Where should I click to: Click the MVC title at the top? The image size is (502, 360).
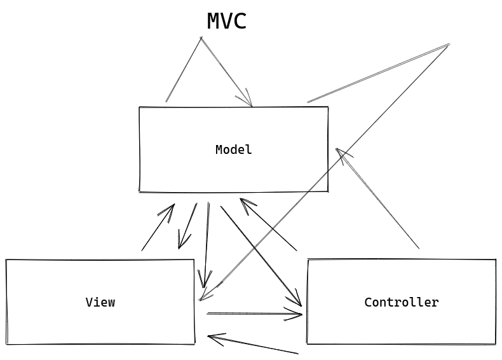(x=226, y=22)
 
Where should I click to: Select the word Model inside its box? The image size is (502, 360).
(x=233, y=150)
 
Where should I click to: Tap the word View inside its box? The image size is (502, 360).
(x=100, y=303)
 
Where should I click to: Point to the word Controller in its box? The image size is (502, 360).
(x=401, y=303)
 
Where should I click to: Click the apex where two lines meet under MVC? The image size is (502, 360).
(x=201, y=38)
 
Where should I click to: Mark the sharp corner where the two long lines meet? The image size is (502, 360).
(x=449, y=45)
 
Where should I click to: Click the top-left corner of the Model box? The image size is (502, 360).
(x=140, y=107)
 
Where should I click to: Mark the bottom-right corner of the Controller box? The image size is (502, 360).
(x=495, y=344)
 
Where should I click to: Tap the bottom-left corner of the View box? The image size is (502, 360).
(x=7, y=344)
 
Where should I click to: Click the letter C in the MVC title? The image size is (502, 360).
(x=239, y=22)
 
